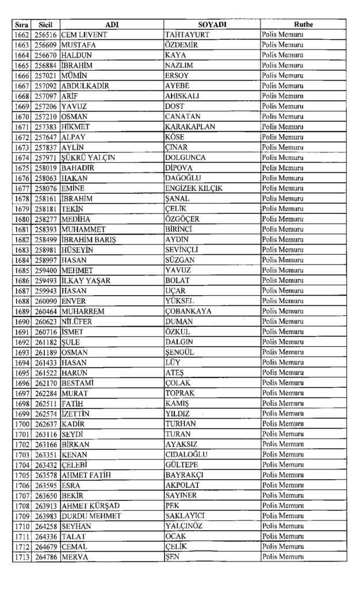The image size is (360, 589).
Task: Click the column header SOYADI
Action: click(x=212, y=25)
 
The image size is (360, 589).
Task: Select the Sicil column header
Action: click(x=45, y=25)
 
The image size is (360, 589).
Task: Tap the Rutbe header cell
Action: click(x=302, y=25)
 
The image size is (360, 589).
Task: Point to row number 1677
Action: click(x=22, y=189)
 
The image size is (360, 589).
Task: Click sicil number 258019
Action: click(x=45, y=168)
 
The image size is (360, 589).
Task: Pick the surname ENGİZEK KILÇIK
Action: click(x=194, y=189)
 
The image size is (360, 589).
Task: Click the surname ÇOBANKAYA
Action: click(x=188, y=311)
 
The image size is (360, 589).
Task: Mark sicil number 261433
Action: click(x=45, y=362)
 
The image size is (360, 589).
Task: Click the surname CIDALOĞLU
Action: click(x=186, y=454)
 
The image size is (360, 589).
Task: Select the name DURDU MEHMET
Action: click(x=91, y=516)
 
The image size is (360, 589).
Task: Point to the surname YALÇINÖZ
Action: click(x=184, y=526)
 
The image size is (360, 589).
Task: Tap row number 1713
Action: click(x=22, y=557)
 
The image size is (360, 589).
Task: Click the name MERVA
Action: click(x=75, y=557)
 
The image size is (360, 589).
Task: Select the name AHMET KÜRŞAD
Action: click(x=91, y=506)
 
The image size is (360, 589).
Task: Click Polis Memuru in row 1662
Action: click(x=282, y=35)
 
